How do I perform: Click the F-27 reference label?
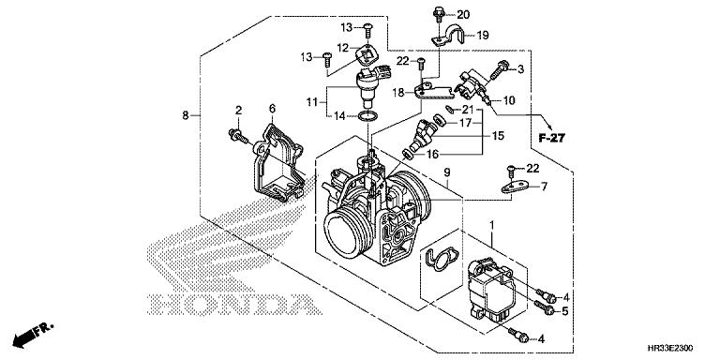[x=551, y=138]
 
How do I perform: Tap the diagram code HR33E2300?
[x=670, y=348]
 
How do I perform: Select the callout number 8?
[x=186, y=115]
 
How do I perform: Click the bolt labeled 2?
[x=238, y=136]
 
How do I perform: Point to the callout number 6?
[x=272, y=109]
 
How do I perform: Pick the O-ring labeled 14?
[x=367, y=117]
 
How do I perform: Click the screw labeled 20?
[x=439, y=14]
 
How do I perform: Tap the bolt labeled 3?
[x=498, y=70]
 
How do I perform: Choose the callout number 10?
[x=509, y=100]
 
